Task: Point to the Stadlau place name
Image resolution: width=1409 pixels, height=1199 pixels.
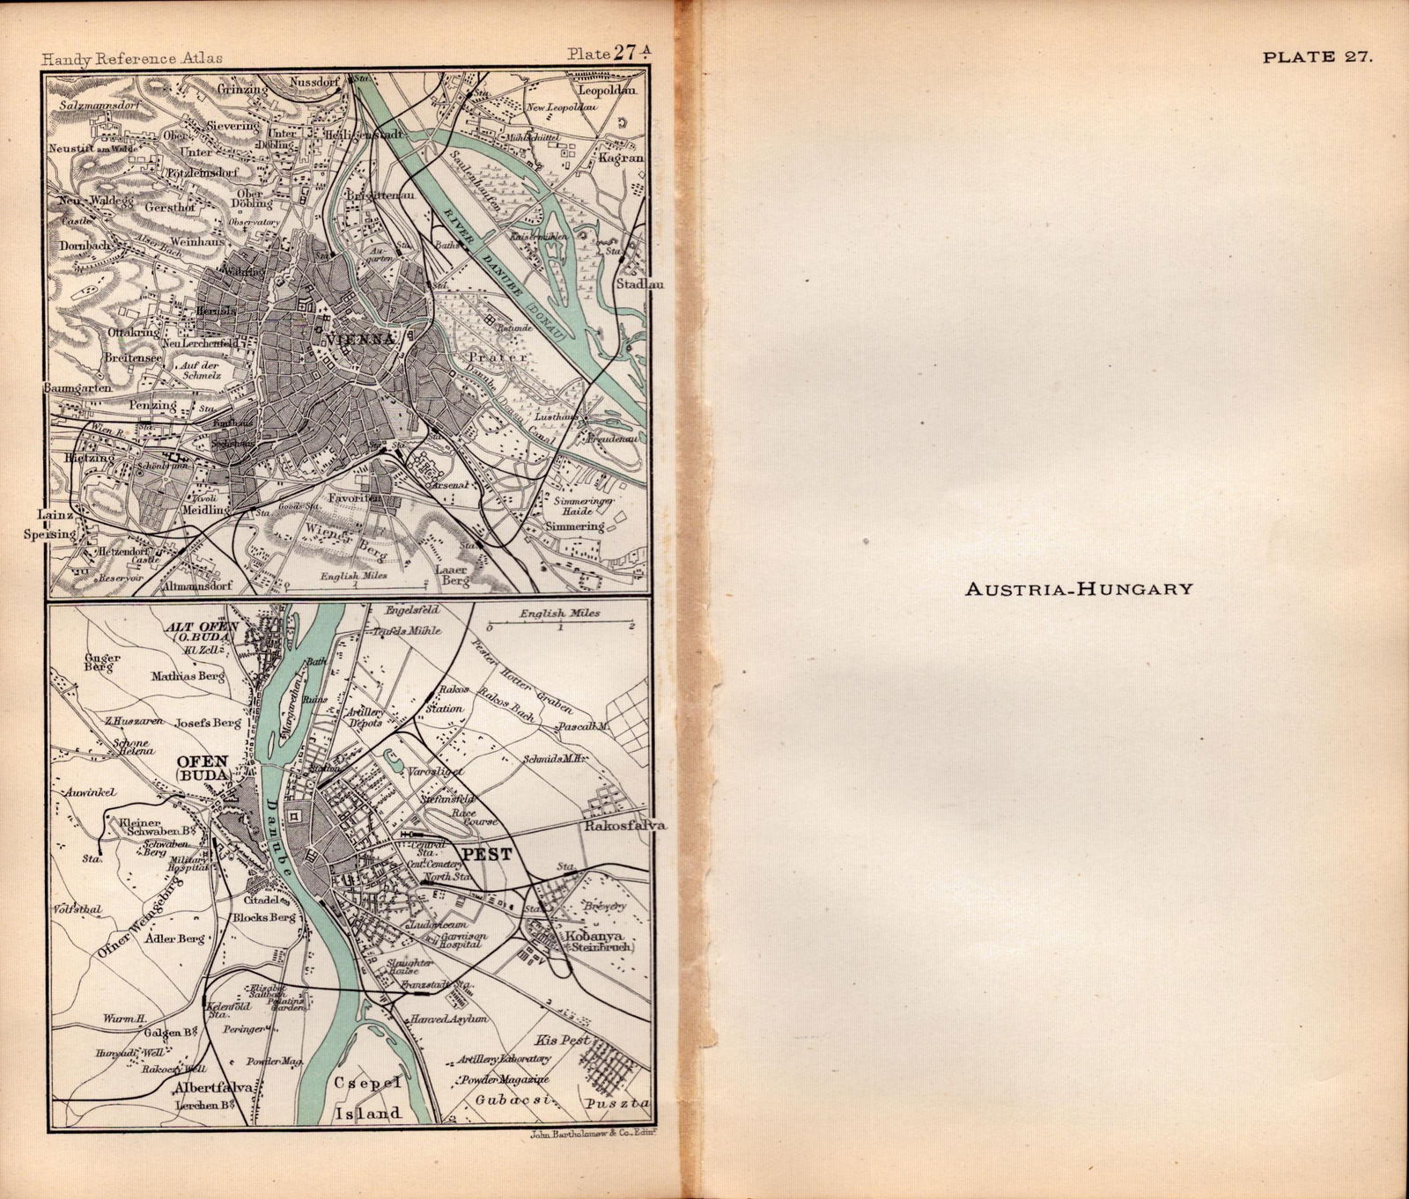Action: pos(640,284)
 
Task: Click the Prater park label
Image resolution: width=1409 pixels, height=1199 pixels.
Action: pos(498,358)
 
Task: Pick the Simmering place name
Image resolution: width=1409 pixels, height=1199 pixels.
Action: pos(575,526)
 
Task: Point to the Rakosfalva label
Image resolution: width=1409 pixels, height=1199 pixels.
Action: pos(616,827)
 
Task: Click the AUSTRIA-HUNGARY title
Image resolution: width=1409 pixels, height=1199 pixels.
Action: pos(1079,588)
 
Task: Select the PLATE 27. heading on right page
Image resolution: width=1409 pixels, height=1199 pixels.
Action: pos(1316,57)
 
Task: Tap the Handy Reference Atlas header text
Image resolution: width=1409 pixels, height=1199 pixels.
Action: pos(131,58)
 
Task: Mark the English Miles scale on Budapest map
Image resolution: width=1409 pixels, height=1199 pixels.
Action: pos(559,613)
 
